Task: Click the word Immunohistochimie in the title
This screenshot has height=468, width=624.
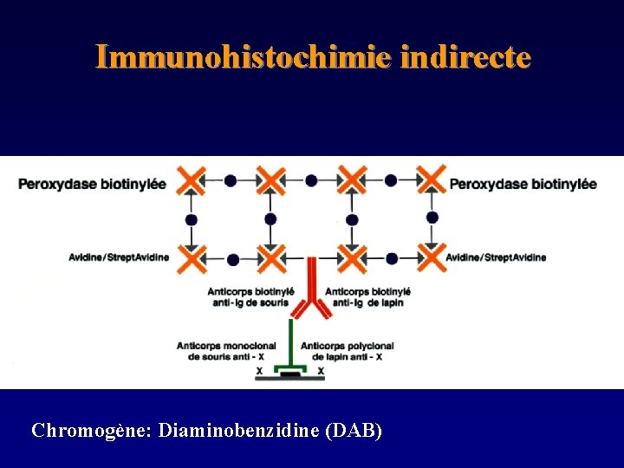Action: [245, 57]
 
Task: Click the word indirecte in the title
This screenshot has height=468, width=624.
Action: [466, 57]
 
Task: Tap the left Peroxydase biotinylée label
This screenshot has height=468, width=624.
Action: [92, 184]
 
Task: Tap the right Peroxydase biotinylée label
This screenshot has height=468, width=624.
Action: [523, 184]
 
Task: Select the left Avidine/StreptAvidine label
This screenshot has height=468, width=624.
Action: [119, 257]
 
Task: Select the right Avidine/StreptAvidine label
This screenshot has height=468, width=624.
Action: [496, 257]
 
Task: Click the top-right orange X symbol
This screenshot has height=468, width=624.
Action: [432, 180]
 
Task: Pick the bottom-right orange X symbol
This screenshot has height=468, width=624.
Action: [432, 257]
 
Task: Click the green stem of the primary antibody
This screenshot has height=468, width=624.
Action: [292, 342]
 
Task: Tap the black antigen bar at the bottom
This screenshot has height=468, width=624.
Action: [291, 374]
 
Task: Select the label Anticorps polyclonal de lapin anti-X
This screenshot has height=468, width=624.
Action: [347, 351]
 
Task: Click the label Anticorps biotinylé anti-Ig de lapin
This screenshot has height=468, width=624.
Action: [367, 296]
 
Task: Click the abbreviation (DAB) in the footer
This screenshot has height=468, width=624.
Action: [353, 431]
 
